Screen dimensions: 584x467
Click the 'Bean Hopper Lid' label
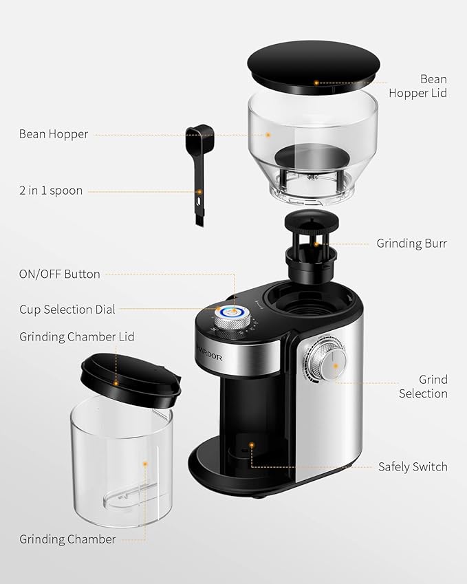click(x=417, y=86)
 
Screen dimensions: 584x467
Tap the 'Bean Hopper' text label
click(x=54, y=134)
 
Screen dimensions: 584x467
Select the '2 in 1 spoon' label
click(x=51, y=191)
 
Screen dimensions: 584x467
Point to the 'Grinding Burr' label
click(x=411, y=243)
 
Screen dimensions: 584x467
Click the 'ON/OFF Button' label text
click(x=60, y=274)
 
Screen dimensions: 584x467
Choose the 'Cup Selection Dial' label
click(x=67, y=310)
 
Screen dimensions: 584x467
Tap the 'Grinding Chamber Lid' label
click(x=77, y=337)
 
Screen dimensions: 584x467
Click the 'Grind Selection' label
click(x=423, y=387)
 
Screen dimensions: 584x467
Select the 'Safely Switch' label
click(x=413, y=466)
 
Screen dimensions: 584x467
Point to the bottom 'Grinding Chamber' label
click(x=67, y=539)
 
